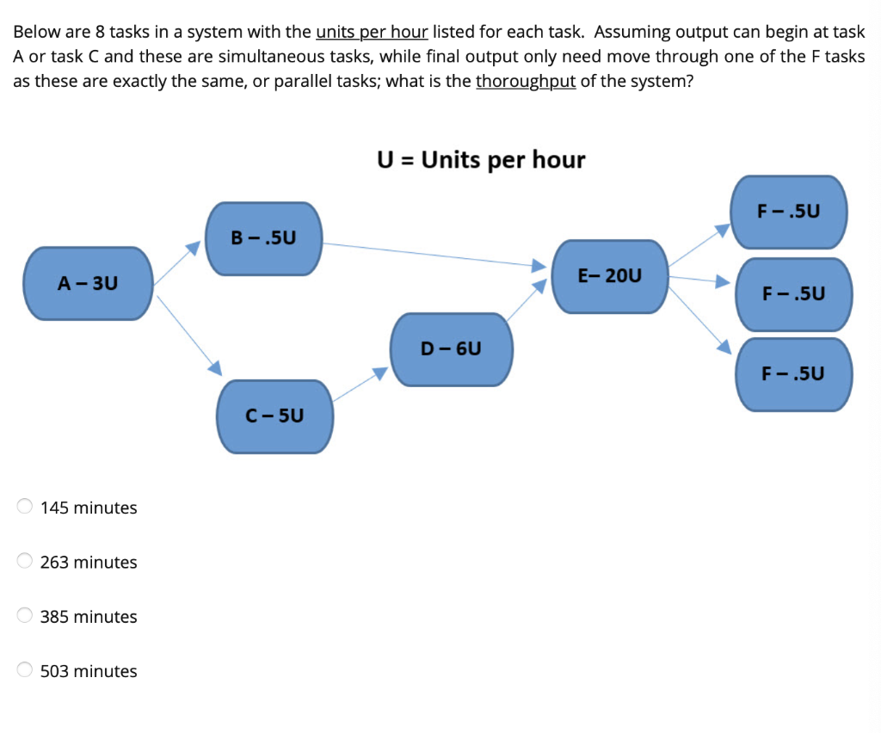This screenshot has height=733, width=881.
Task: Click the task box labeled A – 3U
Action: coord(88,283)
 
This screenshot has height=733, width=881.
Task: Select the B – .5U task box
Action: coord(263,238)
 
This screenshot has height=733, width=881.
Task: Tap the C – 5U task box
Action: coord(274,416)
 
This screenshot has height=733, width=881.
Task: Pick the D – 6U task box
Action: coord(451,348)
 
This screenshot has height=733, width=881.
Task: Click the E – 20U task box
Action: coord(609,276)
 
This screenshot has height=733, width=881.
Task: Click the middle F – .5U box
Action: coord(793,293)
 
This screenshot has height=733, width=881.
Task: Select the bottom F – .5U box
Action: coord(793,373)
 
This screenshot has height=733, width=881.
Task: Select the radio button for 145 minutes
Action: coord(26,507)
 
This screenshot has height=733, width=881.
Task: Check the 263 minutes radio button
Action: coord(26,561)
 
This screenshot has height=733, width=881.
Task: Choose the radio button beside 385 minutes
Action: coord(26,616)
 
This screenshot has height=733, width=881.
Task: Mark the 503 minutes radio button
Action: coord(26,670)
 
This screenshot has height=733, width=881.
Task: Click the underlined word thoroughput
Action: coord(525,82)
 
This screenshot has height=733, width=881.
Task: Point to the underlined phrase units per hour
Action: coord(372,33)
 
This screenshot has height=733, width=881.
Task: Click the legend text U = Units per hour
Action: coord(481,160)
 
